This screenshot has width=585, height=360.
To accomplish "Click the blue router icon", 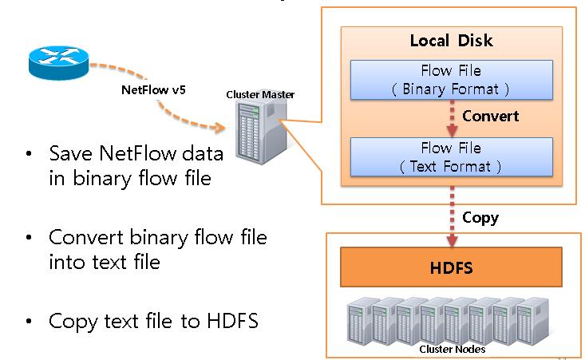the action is tap(59, 63).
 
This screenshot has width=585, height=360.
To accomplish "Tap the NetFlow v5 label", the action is tap(153, 90).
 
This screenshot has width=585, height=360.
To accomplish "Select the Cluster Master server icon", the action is tap(262, 132).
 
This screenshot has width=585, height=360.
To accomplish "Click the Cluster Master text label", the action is tap(260, 95).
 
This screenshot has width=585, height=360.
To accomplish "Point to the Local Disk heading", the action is tap(452, 41).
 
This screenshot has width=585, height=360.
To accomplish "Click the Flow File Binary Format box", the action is tap(452, 80).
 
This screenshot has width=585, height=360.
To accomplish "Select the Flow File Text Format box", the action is tap(452, 157).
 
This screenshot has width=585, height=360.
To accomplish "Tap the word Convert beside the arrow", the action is tap(490, 116).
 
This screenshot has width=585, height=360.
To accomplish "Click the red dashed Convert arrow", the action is tap(453, 118).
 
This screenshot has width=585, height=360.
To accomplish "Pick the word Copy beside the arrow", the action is tap(480, 218).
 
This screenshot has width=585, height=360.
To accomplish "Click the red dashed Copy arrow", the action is tap(453, 216).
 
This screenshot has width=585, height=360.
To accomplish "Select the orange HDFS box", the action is tap(451, 267).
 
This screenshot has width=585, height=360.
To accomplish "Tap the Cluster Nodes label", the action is tap(453, 350).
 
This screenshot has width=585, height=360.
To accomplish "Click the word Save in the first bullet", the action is tap(70, 153).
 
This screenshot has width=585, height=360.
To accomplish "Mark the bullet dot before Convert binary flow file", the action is tap(29, 237).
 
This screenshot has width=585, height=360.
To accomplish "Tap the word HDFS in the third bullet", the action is tap(232, 321).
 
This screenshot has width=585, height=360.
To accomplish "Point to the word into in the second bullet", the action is tap(68, 262).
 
